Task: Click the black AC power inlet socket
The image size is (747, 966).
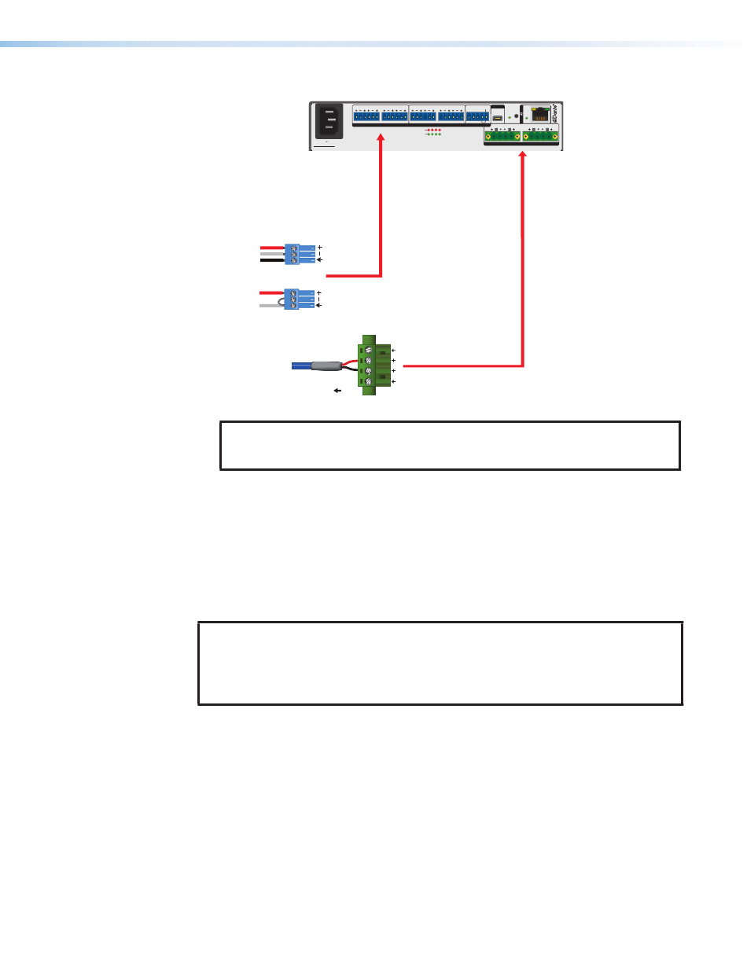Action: tap(328, 123)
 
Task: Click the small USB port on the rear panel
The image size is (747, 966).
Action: tap(499, 119)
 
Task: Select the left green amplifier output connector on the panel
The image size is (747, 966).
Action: tap(502, 137)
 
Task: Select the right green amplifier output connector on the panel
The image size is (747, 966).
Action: tap(540, 137)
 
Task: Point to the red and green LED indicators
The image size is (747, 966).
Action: tap(433, 131)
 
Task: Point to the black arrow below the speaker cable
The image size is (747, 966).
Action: tap(339, 389)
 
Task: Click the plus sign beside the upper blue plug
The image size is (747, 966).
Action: tap(321, 247)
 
